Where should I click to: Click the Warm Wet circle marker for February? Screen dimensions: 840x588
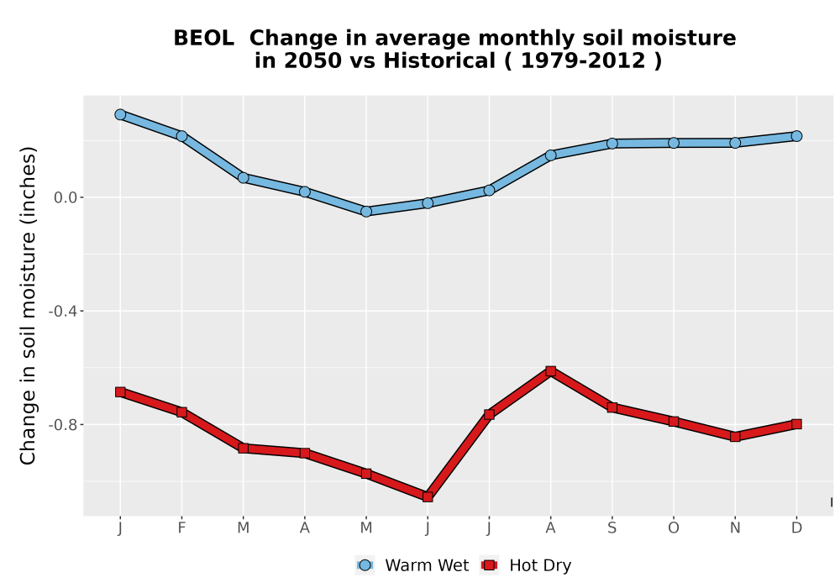[x=181, y=136]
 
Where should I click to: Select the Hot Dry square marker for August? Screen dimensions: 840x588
[x=551, y=371]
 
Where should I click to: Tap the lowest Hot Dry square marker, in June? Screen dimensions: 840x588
[x=428, y=497]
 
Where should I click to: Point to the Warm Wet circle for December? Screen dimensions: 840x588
[x=796, y=136]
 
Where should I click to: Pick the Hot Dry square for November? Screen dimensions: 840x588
[x=735, y=437]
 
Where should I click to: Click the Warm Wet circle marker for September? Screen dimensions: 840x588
[x=612, y=143]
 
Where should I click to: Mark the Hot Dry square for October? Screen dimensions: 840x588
[x=674, y=422]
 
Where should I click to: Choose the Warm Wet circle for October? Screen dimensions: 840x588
[x=674, y=143]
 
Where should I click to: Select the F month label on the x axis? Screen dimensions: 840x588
[x=181, y=528]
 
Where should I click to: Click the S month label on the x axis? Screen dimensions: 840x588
[x=612, y=528]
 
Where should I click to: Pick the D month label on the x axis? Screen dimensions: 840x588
[x=796, y=528]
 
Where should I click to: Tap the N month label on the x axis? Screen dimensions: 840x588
[x=735, y=528]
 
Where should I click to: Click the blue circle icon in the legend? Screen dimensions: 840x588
[x=365, y=565]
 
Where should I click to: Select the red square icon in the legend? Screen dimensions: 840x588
[x=489, y=565]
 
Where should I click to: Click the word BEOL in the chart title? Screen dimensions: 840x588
[x=203, y=39]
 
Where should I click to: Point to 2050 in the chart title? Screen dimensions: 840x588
[x=312, y=61]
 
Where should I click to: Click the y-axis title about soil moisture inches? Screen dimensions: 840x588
[x=28, y=305]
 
